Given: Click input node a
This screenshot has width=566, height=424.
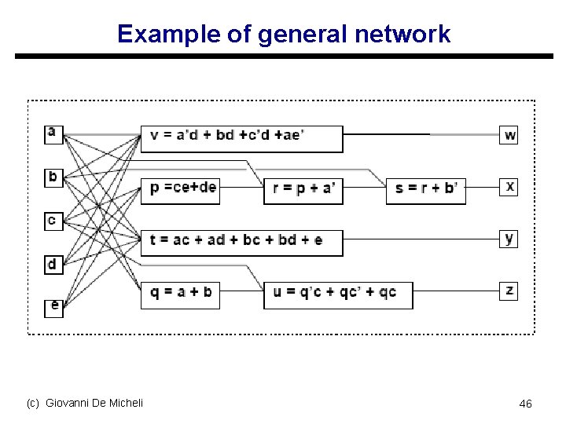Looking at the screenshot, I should tap(53, 133).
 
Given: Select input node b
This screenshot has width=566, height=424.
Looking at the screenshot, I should tap(53, 177).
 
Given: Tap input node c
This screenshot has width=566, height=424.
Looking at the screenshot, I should tap(53, 221).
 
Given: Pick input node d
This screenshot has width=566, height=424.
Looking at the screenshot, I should tap(53, 265).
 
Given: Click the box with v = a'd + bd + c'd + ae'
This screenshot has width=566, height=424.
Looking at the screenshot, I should tap(241, 138).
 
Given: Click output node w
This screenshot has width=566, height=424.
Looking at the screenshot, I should tap(510, 135).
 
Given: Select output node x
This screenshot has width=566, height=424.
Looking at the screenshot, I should tap(510, 187).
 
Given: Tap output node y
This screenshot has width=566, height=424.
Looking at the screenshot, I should tap(510, 239).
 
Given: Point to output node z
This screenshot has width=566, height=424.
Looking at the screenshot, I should tap(510, 291).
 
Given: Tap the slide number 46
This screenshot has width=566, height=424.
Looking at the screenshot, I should tap(525, 404).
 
